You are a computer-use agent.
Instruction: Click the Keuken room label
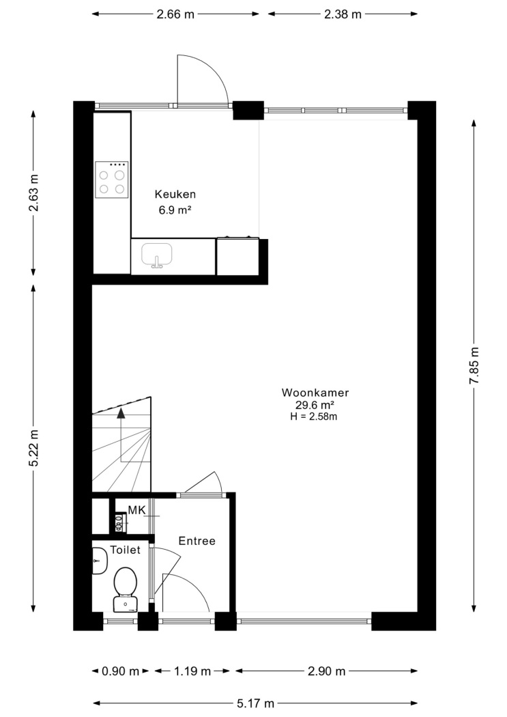pyautogui.click(x=175, y=195)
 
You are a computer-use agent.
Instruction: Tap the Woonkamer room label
pyautogui.click(x=315, y=393)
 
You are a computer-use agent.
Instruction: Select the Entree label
pyautogui.click(x=197, y=541)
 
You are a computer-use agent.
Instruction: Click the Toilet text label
pyautogui.click(x=125, y=550)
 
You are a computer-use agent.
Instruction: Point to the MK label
pyautogui.click(x=136, y=510)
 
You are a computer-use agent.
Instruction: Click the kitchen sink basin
pyautogui.click(x=157, y=255)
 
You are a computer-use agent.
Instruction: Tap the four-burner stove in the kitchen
pyautogui.click(x=111, y=180)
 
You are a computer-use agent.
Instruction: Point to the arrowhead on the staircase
pyautogui.click(x=121, y=413)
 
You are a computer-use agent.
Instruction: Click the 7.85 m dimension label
pyautogui.click(x=474, y=365)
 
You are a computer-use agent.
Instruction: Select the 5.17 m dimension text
pyautogui.click(x=255, y=703)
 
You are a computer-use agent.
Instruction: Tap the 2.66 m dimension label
pyautogui.click(x=175, y=14)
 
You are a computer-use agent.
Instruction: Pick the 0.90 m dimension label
pyautogui.click(x=120, y=671)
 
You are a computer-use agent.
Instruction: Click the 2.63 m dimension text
pyautogui.click(x=33, y=193)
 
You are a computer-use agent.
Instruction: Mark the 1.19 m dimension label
pyautogui.click(x=192, y=671)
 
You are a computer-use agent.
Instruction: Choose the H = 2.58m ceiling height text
pyautogui.click(x=314, y=416)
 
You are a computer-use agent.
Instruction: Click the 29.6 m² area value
pyautogui.click(x=315, y=405)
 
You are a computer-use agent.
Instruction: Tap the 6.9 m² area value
pyautogui.click(x=175, y=210)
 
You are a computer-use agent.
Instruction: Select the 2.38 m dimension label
pyautogui.click(x=343, y=14)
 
